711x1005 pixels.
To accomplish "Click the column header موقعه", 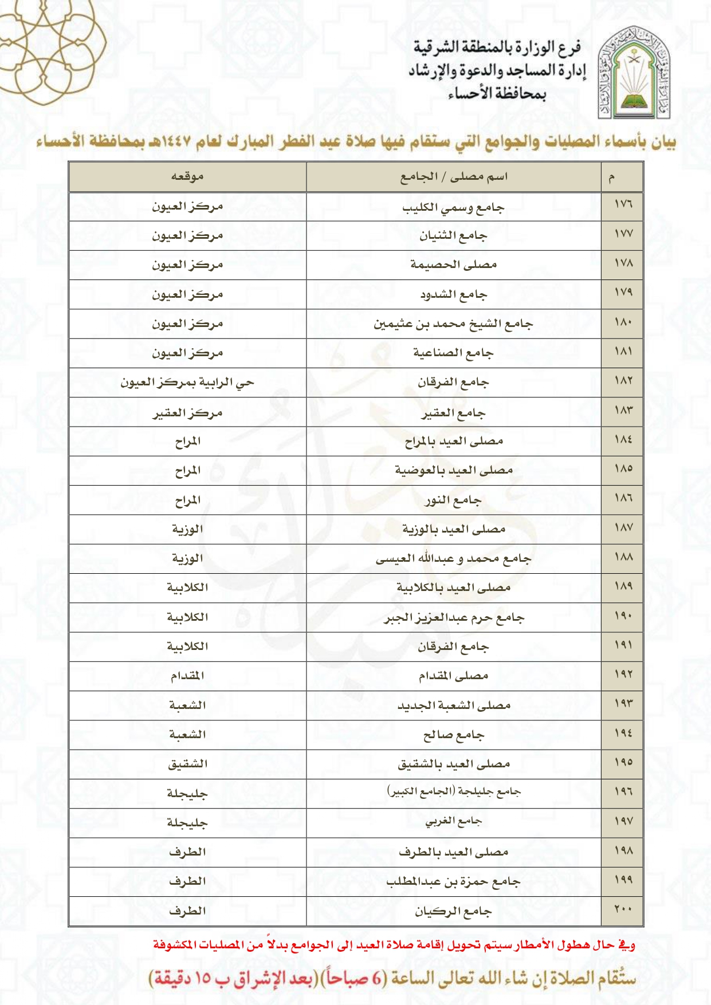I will tap(187, 176).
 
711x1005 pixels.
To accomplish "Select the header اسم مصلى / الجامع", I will tap(453, 176).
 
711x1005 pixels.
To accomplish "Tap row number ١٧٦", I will tap(623, 204).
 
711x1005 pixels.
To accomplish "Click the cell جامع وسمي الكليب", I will tap(453, 207).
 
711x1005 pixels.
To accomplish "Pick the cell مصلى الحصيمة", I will tap(453, 265).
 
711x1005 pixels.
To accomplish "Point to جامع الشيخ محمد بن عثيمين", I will tap(453, 324).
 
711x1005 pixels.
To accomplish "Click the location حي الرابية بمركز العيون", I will tap(187, 383).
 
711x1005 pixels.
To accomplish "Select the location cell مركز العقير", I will tap(187, 412).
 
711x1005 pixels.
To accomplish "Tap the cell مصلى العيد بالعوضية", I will tap(453, 471).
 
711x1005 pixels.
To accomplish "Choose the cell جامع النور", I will tap(453, 500).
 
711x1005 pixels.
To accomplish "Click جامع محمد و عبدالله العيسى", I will tap(453, 559).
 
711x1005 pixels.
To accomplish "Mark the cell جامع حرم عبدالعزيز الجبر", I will tap(453, 617).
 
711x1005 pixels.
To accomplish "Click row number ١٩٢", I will tap(623, 675).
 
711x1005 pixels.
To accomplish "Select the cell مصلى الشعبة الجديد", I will tap(453, 706).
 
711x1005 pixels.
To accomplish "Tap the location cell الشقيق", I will tap(187, 764).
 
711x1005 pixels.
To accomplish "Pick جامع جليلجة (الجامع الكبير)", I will tap(453, 792).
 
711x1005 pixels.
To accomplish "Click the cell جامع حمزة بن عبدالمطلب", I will tap(453, 881).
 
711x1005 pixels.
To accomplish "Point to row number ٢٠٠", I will tap(623, 909).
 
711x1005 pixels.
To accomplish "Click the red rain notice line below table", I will tap(394, 944).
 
